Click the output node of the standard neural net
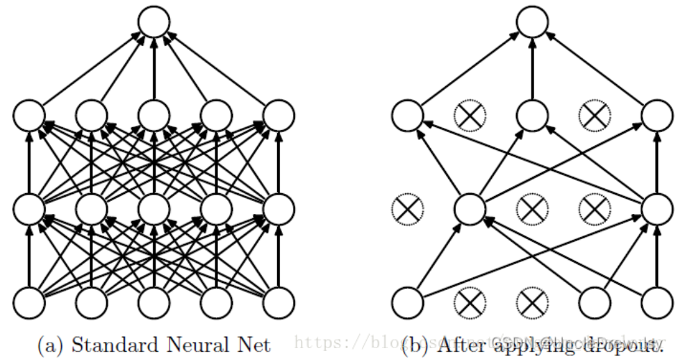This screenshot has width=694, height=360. (154, 23)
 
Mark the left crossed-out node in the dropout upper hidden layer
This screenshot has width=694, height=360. (470, 115)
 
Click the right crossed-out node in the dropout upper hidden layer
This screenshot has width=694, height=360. (595, 115)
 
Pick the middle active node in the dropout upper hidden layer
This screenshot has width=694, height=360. (532, 115)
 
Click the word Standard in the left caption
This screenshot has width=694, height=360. (113, 343)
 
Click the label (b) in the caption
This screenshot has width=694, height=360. (418, 344)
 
